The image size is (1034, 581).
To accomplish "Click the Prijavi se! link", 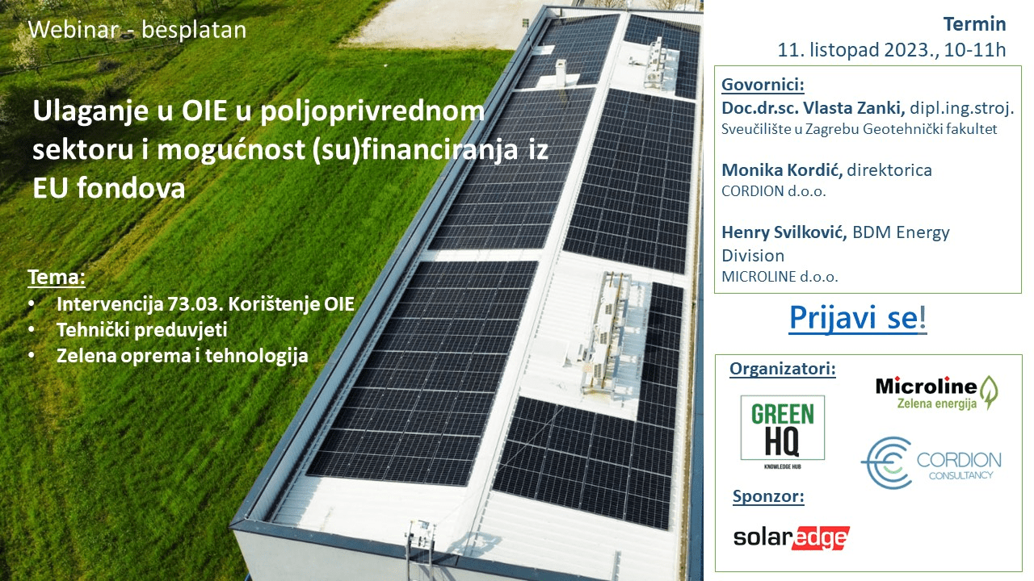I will pyautogui.click(x=858, y=318).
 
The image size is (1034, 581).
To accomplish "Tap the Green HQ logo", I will pyautogui.click(x=783, y=428).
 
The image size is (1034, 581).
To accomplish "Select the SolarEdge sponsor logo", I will pyautogui.click(x=791, y=537).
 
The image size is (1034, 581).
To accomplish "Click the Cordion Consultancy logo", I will pyautogui.click(x=930, y=463).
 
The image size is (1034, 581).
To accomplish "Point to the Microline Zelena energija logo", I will pyautogui.click(x=937, y=392).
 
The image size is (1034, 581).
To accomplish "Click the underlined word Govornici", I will pyautogui.click(x=763, y=86).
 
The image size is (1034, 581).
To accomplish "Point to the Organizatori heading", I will pyautogui.click(x=782, y=370).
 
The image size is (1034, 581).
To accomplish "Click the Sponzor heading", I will pyautogui.click(x=768, y=496).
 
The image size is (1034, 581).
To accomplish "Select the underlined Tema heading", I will pyautogui.click(x=56, y=278).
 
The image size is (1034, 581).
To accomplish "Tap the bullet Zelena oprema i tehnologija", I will pyautogui.click(x=182, y=355).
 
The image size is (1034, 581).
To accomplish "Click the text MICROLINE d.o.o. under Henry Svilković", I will pyautogui.click(x=780, y=276).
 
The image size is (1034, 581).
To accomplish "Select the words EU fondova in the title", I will pyautogui.click(x=109, y=187).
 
